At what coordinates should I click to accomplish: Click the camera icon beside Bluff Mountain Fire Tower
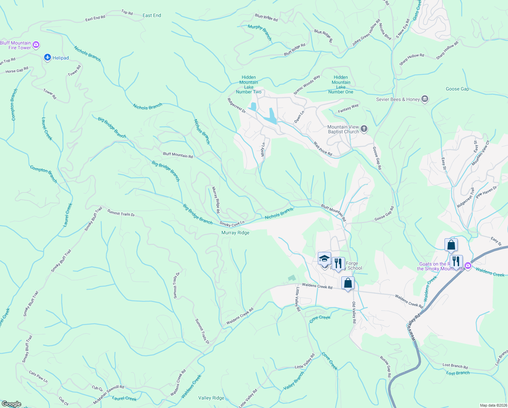(x=36, y=45)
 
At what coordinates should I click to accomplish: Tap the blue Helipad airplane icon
(x=48, y=58)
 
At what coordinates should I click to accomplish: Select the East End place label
(x=152, y=15)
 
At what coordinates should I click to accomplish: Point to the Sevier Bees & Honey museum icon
(x=424, y=99)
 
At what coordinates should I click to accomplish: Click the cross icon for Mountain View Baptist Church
(x=364, y=129)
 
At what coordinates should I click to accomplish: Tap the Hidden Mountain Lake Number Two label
(x=249, y=85)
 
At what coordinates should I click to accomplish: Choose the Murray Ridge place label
(x=235, y=233)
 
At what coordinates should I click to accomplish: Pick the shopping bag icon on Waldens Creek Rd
(x=348, y=283)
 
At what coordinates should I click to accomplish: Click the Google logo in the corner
(x=11, y=404)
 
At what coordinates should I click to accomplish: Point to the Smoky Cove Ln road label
(x=232, y=224)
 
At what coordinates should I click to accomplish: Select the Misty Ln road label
(x=263, y=149)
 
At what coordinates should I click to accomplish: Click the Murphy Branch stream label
(x=260, y=32)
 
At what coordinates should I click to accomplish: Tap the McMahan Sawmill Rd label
(x=109, y=395)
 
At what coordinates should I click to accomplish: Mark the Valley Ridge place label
(x=211, y=398)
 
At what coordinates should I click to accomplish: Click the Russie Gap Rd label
(x=385, y=367)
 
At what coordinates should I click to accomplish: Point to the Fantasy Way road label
(x=348, y=108)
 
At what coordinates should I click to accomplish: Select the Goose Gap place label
(x=457, y=89)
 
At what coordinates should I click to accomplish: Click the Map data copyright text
(x=493, y=405)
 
